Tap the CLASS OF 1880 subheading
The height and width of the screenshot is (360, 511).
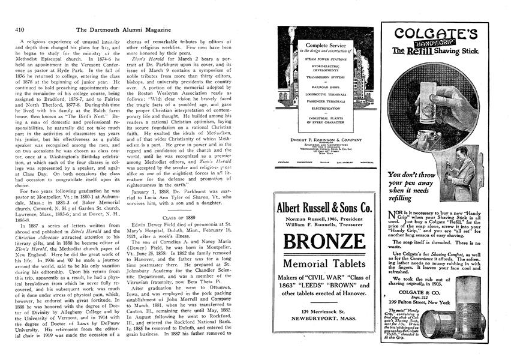[179, 217]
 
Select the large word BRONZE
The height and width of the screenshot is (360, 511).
[325, 243]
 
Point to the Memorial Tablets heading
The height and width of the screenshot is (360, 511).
[325, 264]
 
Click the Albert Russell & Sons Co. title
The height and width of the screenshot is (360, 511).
[325, 208]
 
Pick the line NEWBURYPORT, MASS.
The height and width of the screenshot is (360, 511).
[325, 321]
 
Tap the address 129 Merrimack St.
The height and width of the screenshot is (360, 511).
[325, 312]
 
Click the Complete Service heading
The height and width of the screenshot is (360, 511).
[324, 46]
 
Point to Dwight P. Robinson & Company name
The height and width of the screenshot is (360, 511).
[324, 139]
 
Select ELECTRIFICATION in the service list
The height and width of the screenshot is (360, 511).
[324, 109]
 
